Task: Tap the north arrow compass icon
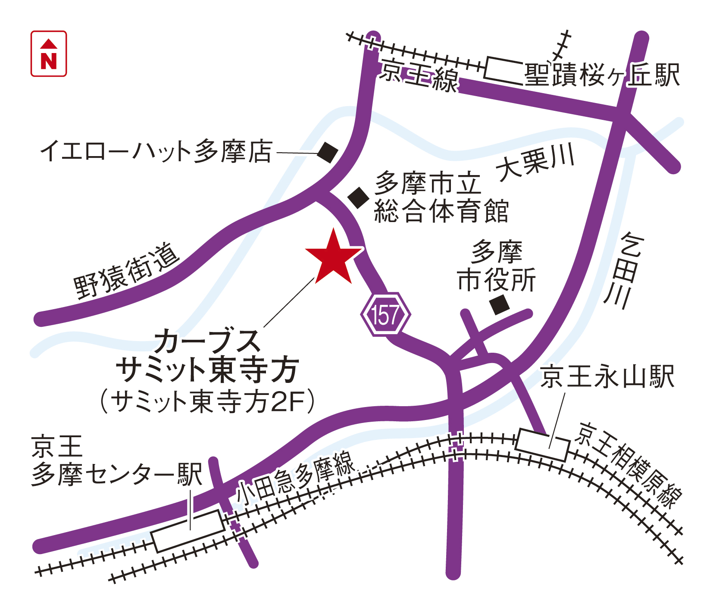49,54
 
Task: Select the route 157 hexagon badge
385,315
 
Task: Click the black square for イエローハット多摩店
328,152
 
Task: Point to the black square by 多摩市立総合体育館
358,198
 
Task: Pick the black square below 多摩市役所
500,304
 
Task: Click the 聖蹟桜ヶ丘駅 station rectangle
504,70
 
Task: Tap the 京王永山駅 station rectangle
543,445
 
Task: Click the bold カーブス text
207,341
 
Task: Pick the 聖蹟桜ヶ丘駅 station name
602,75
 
